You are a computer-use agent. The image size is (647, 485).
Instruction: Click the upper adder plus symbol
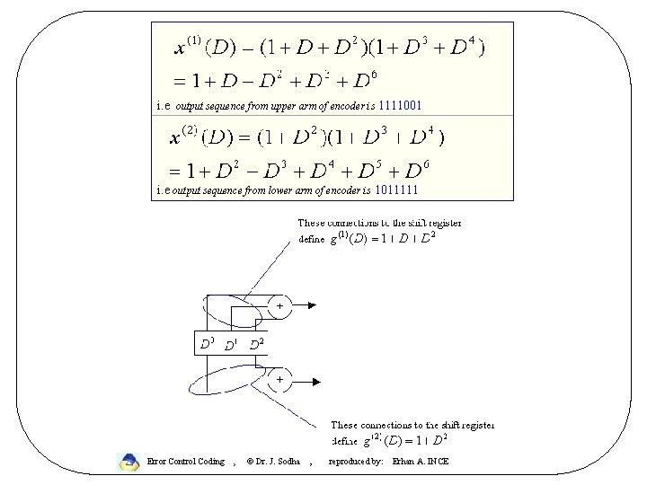(x=279, y=306)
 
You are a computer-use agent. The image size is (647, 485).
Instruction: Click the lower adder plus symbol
(x=279, y=379)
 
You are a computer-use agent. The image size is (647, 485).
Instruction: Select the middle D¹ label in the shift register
(x=231, y=344)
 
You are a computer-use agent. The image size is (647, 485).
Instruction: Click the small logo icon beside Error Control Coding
(x=129, y=462)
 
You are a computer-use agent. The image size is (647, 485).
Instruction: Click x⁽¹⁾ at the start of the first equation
(x=190, y=44)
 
